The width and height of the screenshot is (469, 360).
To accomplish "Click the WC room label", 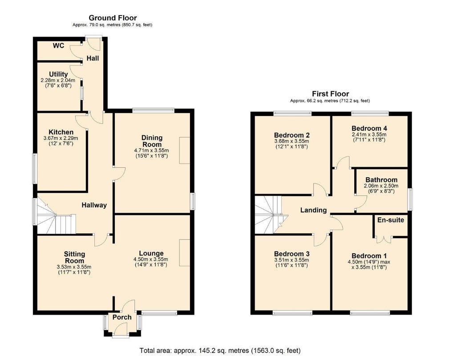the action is [x=58, y=46].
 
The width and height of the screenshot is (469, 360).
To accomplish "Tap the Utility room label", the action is [x=58, y=74].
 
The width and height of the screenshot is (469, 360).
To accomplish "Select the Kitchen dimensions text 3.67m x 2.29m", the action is [x=61, y=138].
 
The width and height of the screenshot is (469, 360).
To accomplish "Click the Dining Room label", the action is [x=152, y=141].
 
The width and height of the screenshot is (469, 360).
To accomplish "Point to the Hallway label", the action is [x=94, y=205].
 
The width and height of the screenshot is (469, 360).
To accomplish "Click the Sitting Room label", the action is [x=74, y=258].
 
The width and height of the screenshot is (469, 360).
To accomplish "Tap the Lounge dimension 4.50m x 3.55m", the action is [x=151, y=259].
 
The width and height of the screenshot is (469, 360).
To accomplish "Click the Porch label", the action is [x=122, y=317].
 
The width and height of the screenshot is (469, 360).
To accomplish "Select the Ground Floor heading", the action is [x=113, y=18].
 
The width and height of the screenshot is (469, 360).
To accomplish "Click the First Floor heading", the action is [x=331, y=94].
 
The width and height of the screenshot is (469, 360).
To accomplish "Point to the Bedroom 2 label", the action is [x=291, y=135].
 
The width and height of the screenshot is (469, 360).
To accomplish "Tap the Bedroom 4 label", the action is [x=369, y=128].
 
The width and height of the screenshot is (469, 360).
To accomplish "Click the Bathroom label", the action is [x=381, y=180].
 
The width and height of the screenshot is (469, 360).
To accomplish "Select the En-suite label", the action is [x=391, y=220].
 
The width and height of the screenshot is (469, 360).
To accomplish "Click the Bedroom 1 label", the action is [x=369, y=256].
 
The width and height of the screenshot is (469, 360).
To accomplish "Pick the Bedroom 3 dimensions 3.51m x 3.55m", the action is [x=291, y=260].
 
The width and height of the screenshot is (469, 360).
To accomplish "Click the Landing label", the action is [x=313, y=210].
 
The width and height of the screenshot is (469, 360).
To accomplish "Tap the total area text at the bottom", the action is [x=220, y=350].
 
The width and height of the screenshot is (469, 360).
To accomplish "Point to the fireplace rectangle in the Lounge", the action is [x=185, y=253].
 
